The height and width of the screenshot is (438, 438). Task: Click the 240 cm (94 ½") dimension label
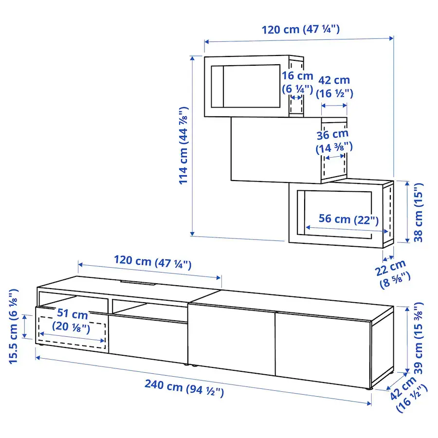coord(184,388)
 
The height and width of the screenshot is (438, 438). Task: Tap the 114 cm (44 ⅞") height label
coord(183,146)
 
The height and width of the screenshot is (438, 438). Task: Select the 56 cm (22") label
coord(348,219)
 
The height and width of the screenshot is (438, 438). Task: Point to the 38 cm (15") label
coord(418,212)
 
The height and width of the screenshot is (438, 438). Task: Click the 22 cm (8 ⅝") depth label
coord(392,274)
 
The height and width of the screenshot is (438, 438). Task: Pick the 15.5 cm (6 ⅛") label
coord(14,326)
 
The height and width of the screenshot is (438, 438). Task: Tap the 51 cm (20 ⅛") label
coord(72,320)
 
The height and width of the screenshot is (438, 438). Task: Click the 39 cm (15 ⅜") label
coord(418,338)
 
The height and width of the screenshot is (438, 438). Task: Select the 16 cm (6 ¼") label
coord(297,82)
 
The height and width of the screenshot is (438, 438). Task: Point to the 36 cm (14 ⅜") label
coord(333,141)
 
